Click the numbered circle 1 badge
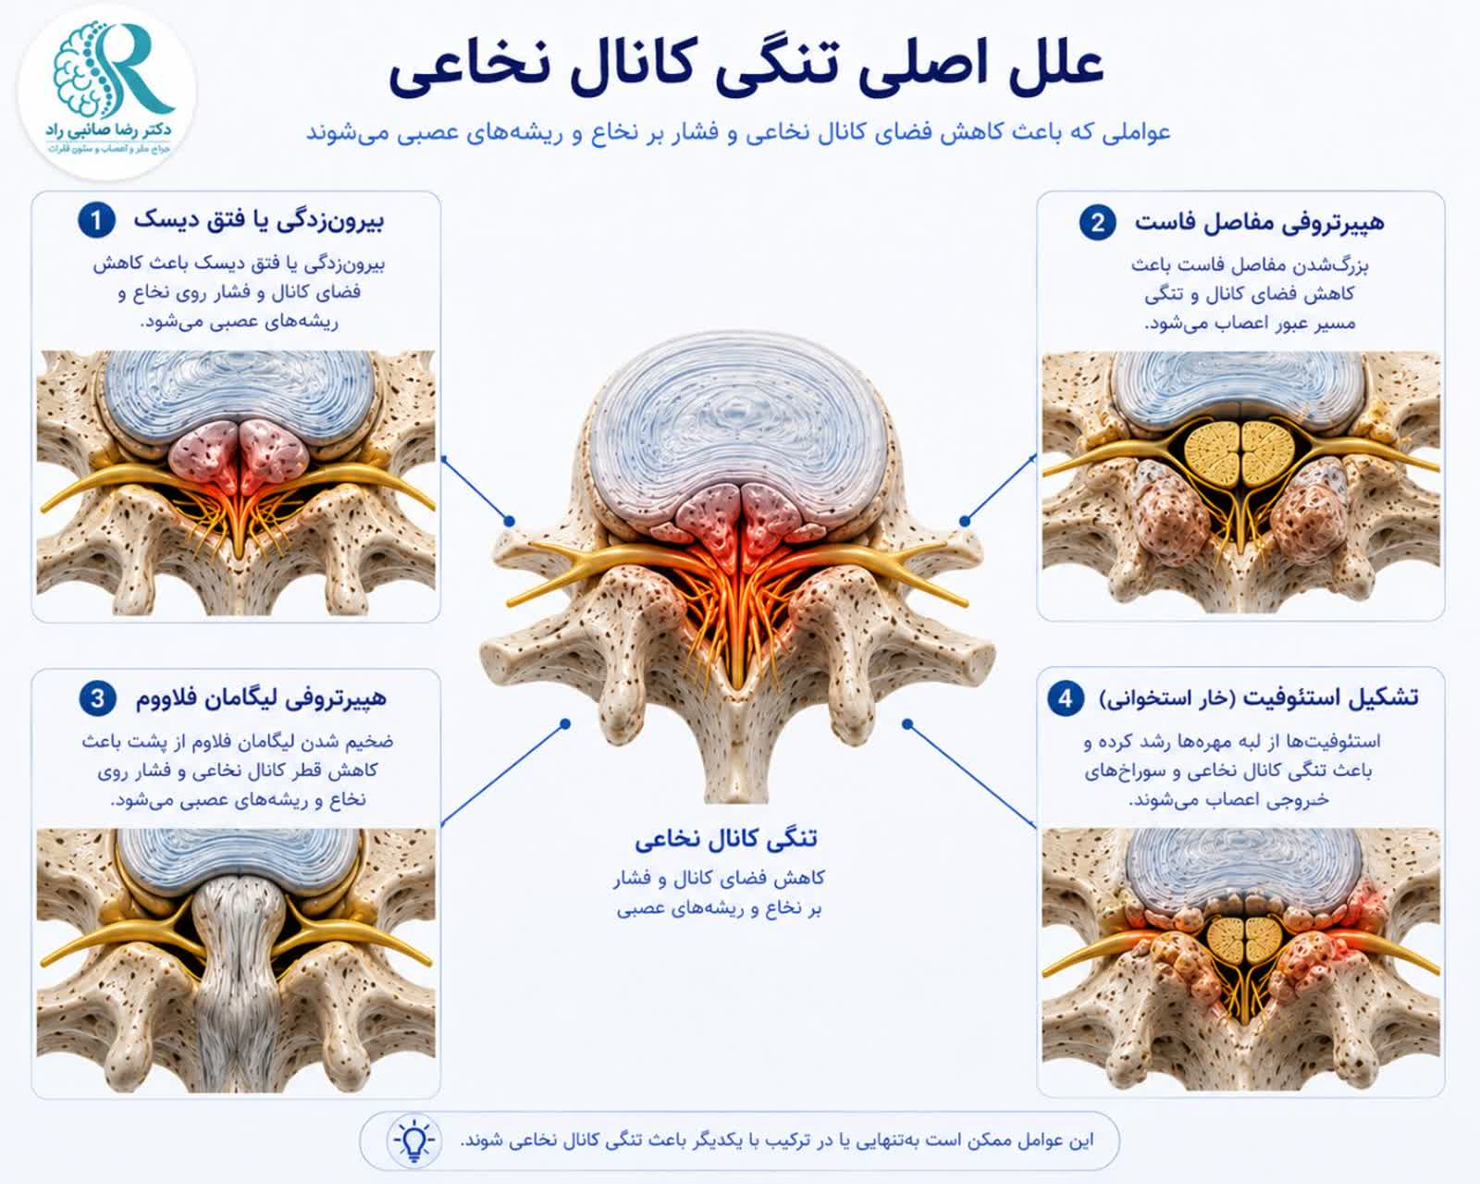(x=96, y=220)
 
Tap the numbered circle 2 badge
(x=1098, y=221)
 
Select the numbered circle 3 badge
(x=98, y=698)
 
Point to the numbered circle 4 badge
(x=1066, y=698)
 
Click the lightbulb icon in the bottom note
(x=414, y=1140)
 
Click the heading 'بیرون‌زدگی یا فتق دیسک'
(x=259, y=220)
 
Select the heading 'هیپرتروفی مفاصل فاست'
(x=1259, y=222)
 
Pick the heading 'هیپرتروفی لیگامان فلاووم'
(x=261, y=698)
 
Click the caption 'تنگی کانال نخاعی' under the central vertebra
(x=726, y=839)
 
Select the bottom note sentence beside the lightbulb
(x=776, y=1141)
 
